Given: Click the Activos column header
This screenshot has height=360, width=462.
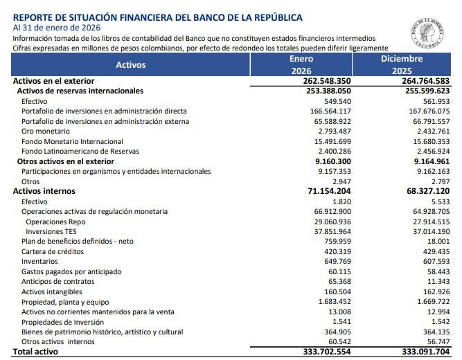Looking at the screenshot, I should pyautogui.click(x=131, y=64).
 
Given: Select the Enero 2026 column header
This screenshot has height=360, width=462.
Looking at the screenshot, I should pyautogui.click(x=301, y=64).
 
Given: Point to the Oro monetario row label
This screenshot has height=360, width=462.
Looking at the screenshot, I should pyautogui.click(x=46, y=131).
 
